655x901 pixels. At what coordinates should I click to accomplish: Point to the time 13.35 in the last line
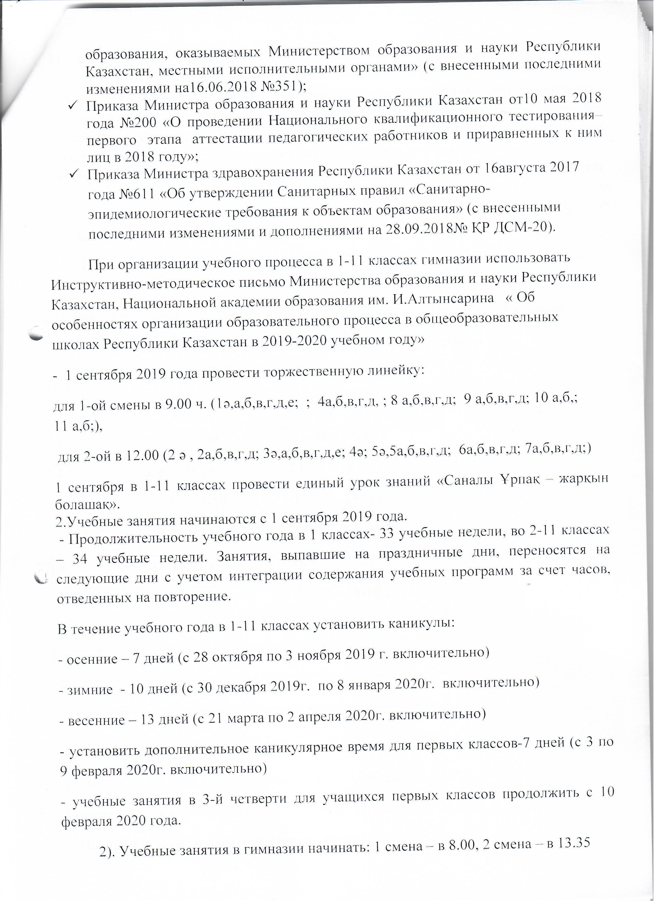coord(571,850)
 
